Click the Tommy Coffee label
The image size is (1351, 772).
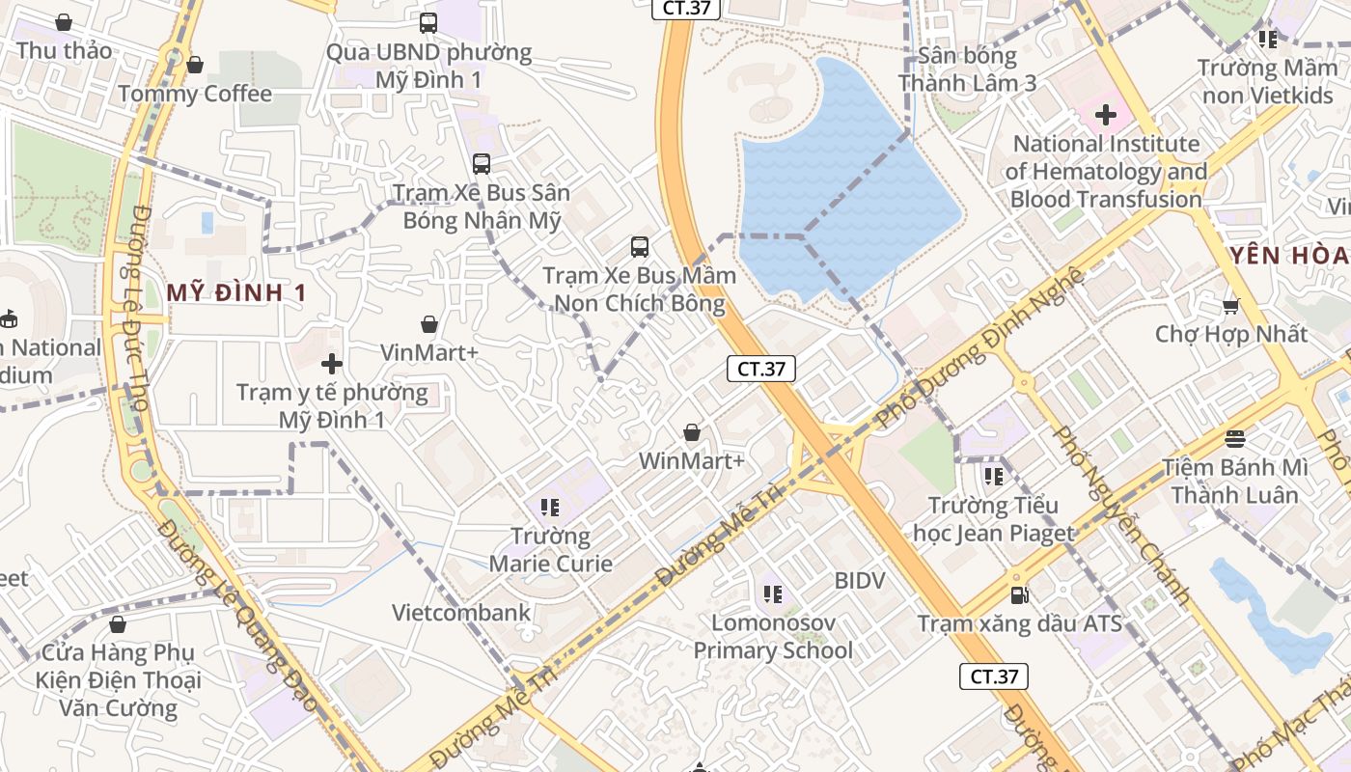tap(195, 94)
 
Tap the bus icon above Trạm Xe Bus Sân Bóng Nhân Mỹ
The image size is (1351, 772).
tap(481, 164)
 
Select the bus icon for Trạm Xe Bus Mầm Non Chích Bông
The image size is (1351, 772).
tap(640, 247)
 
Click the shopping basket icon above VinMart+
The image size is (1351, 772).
tap(429, 325)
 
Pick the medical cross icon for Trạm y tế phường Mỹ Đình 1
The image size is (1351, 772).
tap(332, 364)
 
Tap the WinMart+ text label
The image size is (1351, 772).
tap(691, 461)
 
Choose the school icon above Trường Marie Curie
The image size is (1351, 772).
tap(550, 507)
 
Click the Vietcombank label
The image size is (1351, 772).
tap(461, 613)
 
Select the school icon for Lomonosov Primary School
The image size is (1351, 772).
tap(772, 593)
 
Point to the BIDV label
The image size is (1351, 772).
tap(859, 581)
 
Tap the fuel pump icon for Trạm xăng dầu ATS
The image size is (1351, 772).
tap(1019, 595)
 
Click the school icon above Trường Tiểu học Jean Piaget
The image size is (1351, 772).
tap(993, 476)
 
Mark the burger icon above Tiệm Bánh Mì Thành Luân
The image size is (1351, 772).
tap(1234, 439)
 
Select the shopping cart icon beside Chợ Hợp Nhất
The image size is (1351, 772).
tap(1230, 307)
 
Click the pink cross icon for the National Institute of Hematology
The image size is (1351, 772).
tap(1106, 116)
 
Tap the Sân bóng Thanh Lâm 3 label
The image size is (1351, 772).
tap(967, 69)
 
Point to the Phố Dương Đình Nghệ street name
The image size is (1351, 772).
tap(979, 347)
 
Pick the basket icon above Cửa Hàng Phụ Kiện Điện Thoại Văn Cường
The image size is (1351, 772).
tap(118, 625)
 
